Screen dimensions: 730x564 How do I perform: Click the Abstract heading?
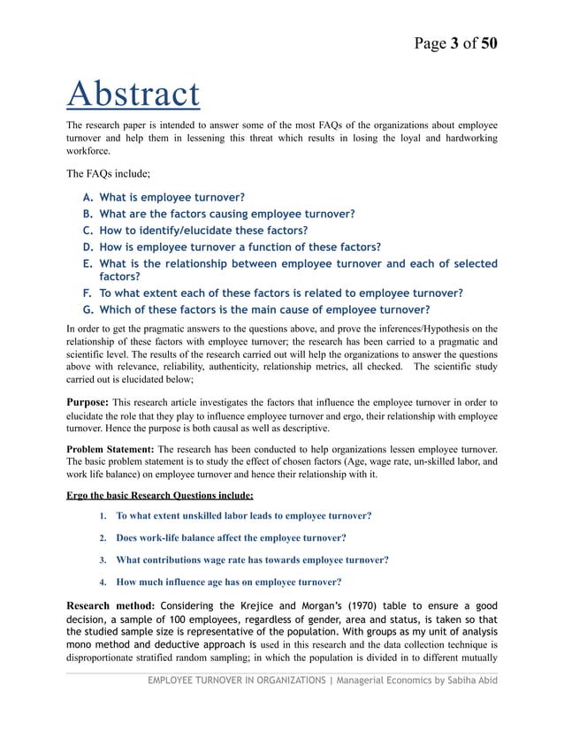[133, 95]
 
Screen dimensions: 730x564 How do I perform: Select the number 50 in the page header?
[488, 42]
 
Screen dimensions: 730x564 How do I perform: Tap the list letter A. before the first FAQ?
[88, 197]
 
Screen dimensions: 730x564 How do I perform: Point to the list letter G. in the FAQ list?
[88, 309]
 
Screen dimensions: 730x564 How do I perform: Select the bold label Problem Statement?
[111, 449]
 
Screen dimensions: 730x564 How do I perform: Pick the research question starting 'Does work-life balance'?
[231, 537]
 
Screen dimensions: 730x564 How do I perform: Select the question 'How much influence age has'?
[229, 582]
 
